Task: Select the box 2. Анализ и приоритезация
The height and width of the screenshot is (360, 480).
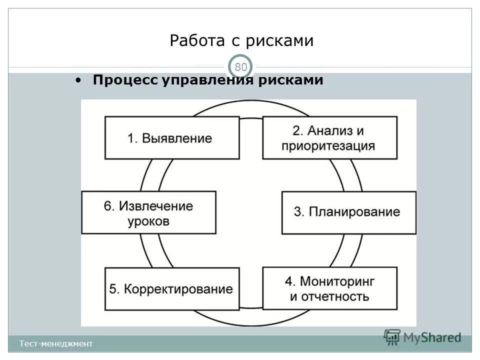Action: pyautogui.click(x=330, y=138)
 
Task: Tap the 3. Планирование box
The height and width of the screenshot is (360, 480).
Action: pyautogui.click(x=348, y=212)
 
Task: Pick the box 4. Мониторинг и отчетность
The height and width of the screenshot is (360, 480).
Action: pyautogui.click(x=330, y=288)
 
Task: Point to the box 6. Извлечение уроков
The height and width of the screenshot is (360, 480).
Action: pyautogui.click(x=149, y=212)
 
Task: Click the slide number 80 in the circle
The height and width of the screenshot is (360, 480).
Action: pyautogui.click(x=241, y=67)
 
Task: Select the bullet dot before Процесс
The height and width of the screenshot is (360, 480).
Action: pyautogui.click(x=78, y=80)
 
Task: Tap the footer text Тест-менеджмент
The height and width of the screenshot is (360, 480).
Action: pyautogui.click(x=56, y=343)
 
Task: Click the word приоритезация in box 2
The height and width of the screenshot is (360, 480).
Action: pyautogui.click(x=328, y=146)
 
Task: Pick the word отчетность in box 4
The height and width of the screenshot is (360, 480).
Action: pyautogui.click(x=329, y=296)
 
